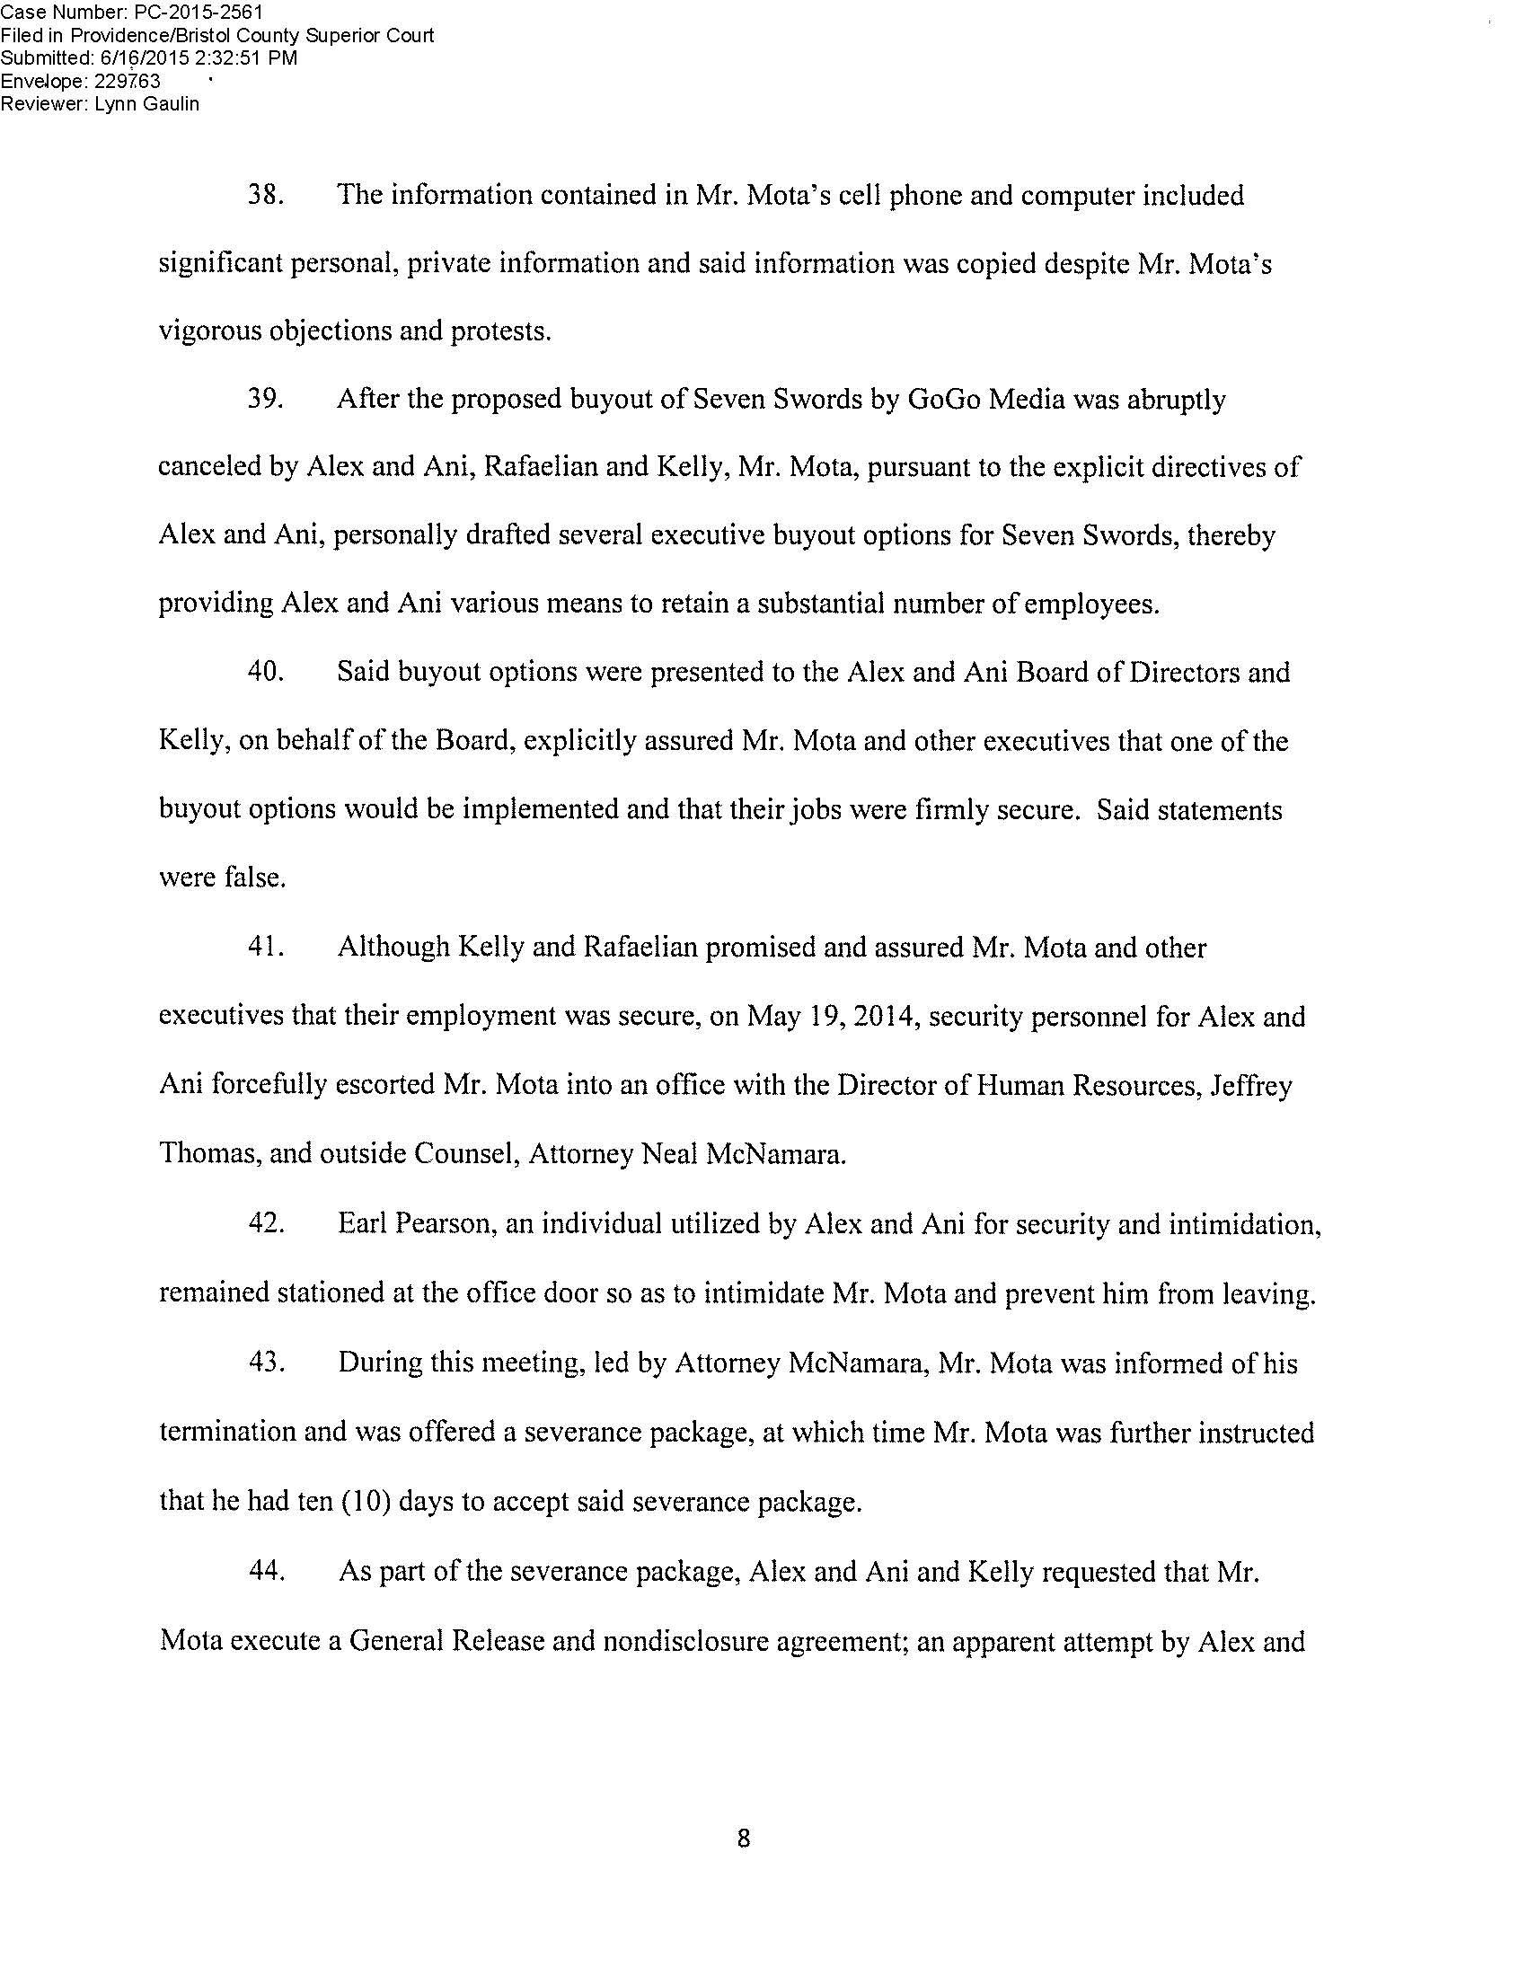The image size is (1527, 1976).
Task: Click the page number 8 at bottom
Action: [744, 1838]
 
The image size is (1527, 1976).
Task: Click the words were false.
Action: [223, 878]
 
